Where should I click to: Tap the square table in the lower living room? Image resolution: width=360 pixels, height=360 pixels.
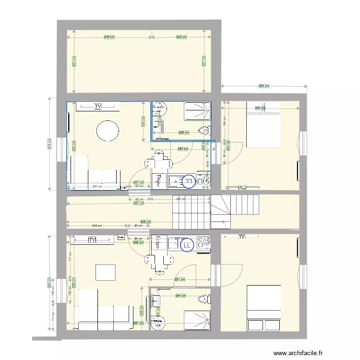pyautogui.click(x=106, y=272)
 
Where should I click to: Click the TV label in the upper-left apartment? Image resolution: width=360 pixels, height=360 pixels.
pyautogui.click(x=98, y=106)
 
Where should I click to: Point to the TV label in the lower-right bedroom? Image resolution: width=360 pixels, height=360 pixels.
pyautogui.click(x=241, y=237)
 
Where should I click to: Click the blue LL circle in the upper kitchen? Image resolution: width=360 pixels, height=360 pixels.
pyautogui.click(x=189, y=181)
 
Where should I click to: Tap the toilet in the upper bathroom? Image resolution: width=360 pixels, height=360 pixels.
pyautogui.click(x=204, y=130)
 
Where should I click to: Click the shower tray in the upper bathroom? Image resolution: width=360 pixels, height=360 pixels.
pyautogui.click(x=197, y=111)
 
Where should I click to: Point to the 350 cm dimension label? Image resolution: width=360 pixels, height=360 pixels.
pyautogui.click(x=264, y=86)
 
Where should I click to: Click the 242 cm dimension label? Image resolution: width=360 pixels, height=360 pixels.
pyautogui.click(x=181, y=37)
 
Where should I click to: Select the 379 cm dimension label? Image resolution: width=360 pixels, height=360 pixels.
pyautogui.click(x=49, y=144)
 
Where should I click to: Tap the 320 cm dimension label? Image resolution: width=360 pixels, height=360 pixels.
pyautogui.click(x=259, y=108)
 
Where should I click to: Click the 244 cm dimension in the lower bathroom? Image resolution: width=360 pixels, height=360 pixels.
pyautogui.click(x=180, y=296)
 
